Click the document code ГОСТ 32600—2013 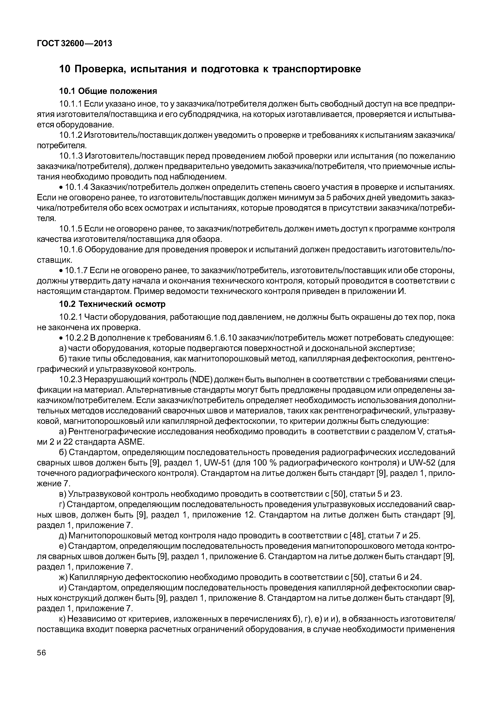[x=74, y=44]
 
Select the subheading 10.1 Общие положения [x=108, y=91]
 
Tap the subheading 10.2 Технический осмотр [x=112, y=304]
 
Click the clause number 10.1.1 [x=71, y=104]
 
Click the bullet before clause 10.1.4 [x=61, y=188]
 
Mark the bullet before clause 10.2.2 [x=61, y=338]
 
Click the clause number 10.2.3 [x=71, y=380]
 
